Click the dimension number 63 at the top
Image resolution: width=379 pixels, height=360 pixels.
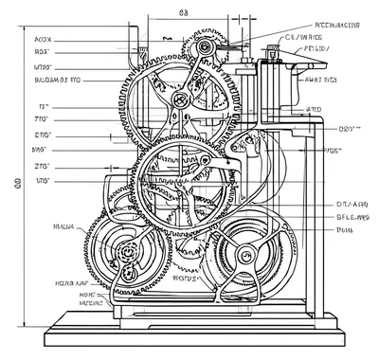pyautogui.click(x=183, y=13)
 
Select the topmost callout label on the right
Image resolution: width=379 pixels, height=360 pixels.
pyautogui.click(x=335, y=26)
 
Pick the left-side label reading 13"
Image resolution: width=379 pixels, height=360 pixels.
pyautogui.click(x=43, y=108)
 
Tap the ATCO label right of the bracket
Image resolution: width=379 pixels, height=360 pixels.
pyautogui.click(x=315, y=110)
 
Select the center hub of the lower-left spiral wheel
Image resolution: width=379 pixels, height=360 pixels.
pyautogui.click(x=128, y=253)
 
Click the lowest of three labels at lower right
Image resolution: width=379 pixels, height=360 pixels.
pyautogui.click(x=344, y=229)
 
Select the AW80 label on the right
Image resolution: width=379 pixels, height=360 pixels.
pyautogui.click(x=321, y=81)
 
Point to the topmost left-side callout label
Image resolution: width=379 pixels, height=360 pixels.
pyautogui.click(x=43, y=40)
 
